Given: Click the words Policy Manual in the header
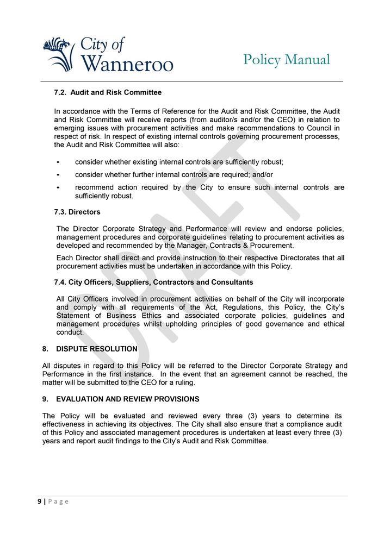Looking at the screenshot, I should (286, 59).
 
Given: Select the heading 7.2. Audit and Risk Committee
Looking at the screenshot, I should (108, 92).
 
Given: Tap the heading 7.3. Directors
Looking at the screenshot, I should (77, 212).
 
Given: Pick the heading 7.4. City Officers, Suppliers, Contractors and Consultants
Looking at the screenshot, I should (153, 283).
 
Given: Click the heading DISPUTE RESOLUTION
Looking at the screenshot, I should (96, 349).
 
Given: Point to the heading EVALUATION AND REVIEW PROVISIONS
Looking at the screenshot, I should (127, 399).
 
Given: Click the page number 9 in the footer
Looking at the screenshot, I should (39, 501).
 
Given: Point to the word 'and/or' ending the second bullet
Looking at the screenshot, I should (263, 174).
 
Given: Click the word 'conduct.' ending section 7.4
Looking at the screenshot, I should (70, 332).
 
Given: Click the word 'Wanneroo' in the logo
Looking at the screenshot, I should (127, 64).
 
